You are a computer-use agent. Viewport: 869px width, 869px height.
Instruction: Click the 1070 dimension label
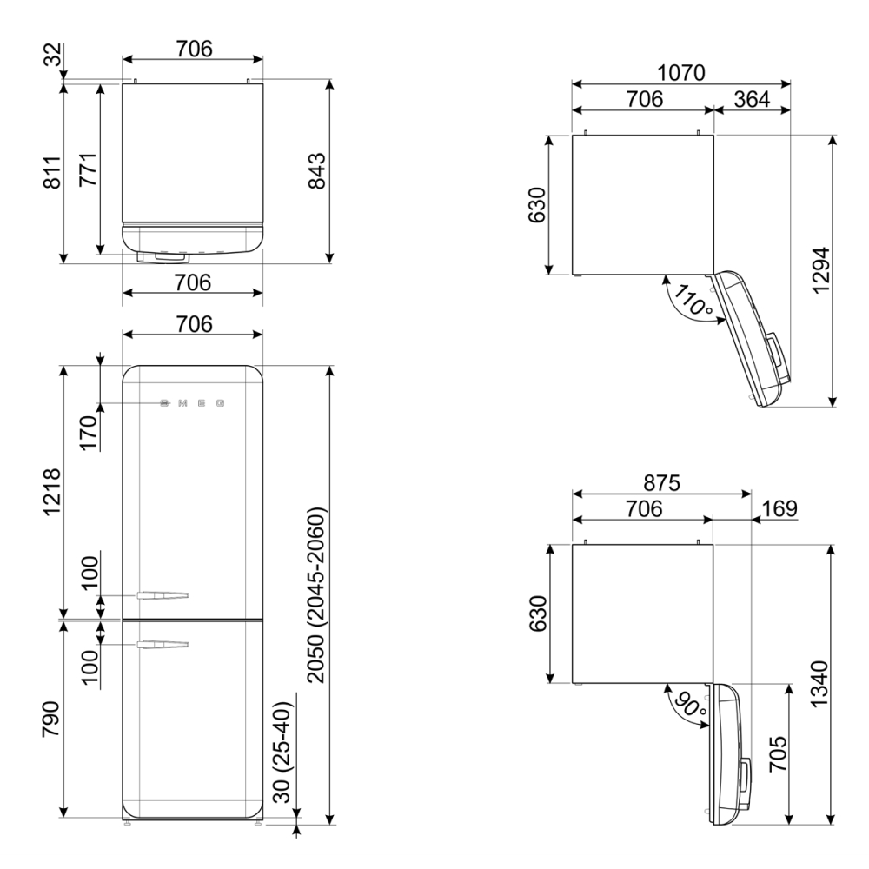point(680,73)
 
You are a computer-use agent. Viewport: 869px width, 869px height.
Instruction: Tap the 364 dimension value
point(752,99)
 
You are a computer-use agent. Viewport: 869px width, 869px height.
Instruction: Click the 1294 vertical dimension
point(821,270)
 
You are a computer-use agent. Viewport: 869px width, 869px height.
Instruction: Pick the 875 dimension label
point(661,482)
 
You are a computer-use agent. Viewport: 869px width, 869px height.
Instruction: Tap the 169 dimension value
point(779,508)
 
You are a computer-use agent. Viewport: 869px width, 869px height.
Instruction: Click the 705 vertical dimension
point(778,753)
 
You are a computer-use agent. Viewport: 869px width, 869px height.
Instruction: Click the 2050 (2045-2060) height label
point(316,594)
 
